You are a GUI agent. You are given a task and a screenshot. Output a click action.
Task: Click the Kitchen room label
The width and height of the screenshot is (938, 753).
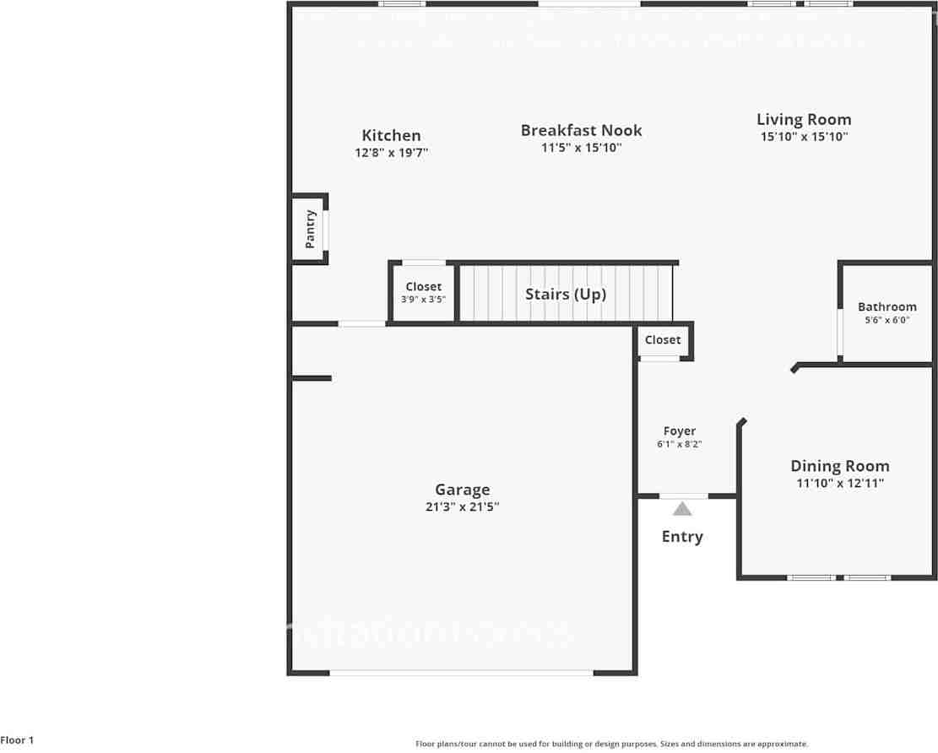tap(391, 135)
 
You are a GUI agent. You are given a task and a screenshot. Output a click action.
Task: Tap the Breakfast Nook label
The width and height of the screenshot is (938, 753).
tap(581, 130)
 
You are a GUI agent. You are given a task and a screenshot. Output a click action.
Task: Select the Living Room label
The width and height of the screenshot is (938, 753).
tap(804, 120)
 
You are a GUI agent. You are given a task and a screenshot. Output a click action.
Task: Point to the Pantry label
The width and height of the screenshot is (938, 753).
tap(311, 229)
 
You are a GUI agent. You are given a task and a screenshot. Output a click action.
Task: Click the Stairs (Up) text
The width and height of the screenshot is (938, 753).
tap(566, 294)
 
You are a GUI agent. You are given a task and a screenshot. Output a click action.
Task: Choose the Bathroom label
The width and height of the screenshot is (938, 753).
tap(886, 306)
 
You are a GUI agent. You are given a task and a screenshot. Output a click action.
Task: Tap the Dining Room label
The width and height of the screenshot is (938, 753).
tap(839, 466)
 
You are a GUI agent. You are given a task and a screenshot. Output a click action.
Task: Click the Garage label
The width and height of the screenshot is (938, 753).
tap(462, 490)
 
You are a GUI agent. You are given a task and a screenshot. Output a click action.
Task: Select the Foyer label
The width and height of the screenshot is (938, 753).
tap(680, 431)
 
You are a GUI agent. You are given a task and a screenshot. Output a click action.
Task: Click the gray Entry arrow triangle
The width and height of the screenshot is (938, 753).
tap(682, 508)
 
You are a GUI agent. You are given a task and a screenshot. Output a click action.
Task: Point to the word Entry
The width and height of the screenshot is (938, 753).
tap(682, 537)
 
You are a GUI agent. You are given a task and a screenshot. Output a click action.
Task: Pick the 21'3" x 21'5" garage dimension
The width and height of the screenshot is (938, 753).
tap(462, 507)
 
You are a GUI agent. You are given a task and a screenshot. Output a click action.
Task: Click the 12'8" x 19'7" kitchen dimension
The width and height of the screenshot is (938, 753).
tap(391, 153)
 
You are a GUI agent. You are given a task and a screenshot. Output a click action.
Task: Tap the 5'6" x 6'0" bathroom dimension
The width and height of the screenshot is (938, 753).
tap(886, 321)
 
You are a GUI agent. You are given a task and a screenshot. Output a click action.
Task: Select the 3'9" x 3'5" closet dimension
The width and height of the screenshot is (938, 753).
tap(423, 300)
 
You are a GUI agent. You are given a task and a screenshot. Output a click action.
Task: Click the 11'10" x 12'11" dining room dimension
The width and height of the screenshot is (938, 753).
tap(839, 484)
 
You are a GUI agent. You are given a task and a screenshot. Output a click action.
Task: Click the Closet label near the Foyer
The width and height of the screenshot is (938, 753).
tap(662, 339)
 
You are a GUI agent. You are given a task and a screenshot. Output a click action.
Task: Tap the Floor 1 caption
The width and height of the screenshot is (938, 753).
tap(17, 740)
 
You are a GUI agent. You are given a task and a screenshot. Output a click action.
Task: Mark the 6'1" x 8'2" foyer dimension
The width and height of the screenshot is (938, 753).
tap(680, 444)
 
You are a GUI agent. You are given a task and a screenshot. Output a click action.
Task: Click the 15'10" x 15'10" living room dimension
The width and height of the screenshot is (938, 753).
tap(804, 137)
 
